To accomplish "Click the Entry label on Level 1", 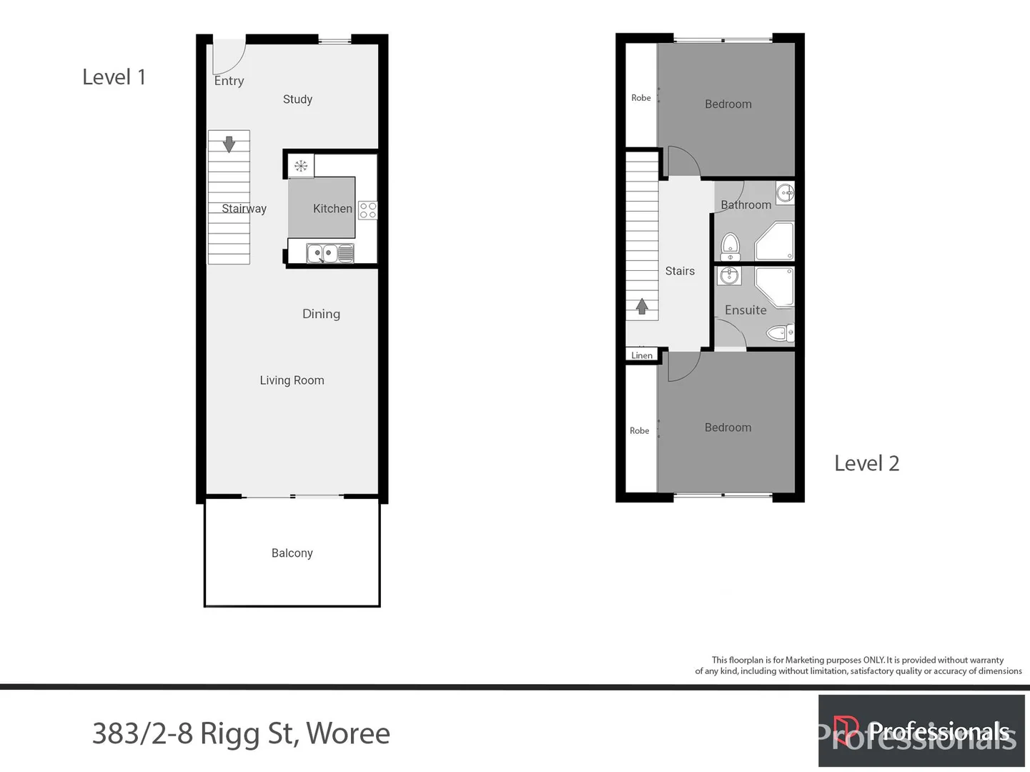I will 229,81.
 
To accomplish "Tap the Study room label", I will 297,99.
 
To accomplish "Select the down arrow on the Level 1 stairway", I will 229,144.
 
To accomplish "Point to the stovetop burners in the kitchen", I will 367,210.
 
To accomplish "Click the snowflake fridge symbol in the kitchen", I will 301,167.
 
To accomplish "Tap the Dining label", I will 321,314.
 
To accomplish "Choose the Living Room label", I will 292,380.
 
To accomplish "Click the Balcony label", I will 292,553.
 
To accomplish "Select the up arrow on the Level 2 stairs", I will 642,307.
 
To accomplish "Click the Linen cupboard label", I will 642,355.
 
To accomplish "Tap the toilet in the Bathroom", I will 730,247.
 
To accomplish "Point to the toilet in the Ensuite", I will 779,332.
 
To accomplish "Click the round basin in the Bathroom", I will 785,192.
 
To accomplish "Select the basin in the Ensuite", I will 729,275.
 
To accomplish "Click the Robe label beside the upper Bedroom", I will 641,98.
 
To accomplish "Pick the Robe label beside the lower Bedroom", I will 640,430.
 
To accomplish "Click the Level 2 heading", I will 866,463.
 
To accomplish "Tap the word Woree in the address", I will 347,733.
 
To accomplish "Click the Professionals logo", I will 921,731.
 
